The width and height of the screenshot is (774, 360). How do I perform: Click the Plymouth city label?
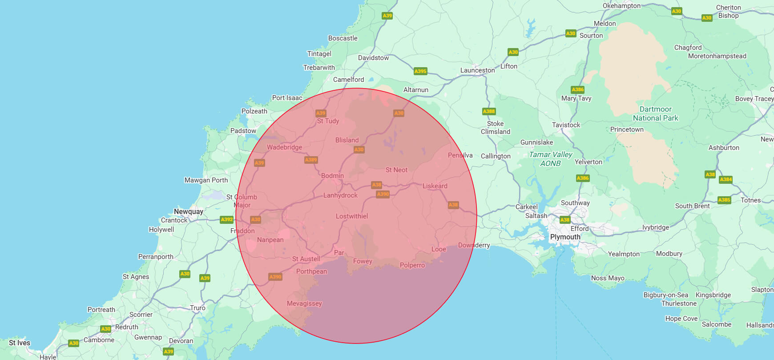point(565,237)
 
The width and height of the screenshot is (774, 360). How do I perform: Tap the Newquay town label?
point(188,211)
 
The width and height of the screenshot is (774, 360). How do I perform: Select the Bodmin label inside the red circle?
point(332,176)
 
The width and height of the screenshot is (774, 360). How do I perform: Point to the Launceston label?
point(477,70)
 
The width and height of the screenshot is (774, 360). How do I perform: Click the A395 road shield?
point(420,71)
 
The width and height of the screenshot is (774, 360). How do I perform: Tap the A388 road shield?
point(489,111)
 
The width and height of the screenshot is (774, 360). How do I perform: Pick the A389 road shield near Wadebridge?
point(311,160)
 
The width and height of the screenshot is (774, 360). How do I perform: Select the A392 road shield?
point(227,219)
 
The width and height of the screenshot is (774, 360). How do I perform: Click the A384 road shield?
point(726,179)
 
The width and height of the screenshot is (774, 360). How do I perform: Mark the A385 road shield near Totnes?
point(724,200)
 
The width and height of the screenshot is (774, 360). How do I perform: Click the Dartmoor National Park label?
point(656,113)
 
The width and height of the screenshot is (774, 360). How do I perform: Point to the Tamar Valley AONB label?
point(551,159)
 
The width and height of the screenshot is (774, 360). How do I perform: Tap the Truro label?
point(198,308)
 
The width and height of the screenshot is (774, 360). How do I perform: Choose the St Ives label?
point(20,343)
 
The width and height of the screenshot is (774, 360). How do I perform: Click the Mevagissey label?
point(304,303)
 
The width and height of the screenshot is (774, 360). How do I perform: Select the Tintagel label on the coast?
point(319,54)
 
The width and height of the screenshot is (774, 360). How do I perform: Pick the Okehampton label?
point(621,6)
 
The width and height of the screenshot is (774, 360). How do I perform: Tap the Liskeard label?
point(435,186)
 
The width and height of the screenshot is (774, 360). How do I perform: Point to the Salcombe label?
point(717,324)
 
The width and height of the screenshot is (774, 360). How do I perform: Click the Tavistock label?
point(566,125)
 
